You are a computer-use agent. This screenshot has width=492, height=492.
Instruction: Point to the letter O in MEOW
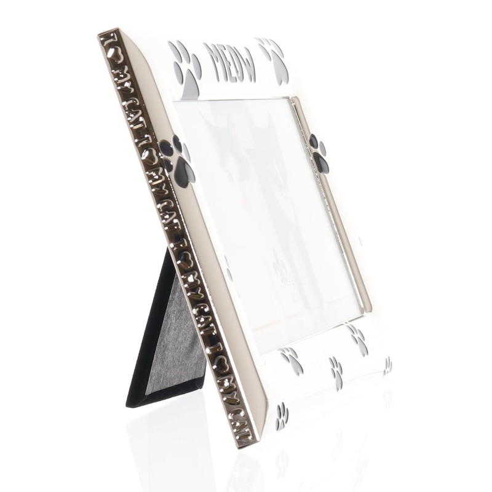point(237,63)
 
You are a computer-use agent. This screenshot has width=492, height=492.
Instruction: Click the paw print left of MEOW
point(186,68)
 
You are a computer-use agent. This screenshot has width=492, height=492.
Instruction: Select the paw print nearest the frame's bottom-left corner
point(282,417)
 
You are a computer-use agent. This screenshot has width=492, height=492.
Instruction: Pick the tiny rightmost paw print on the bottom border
point(387,365)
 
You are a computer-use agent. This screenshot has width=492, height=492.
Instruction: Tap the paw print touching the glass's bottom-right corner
point(357,338)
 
